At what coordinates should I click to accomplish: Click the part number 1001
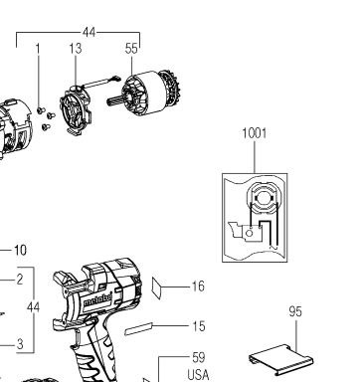[255, 133]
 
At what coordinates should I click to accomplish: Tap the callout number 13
[76, 49]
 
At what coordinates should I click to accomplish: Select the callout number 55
[131, 49]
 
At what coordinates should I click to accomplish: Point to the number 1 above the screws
[38, 49]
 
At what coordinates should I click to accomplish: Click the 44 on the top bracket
[89, 33]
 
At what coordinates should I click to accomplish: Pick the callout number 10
[20, 250]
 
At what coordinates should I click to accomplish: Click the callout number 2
[20, 280]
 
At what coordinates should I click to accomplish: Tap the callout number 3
[20, 344]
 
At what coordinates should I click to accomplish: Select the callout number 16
[198, 286]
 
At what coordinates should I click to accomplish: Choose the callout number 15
[199, 326]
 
